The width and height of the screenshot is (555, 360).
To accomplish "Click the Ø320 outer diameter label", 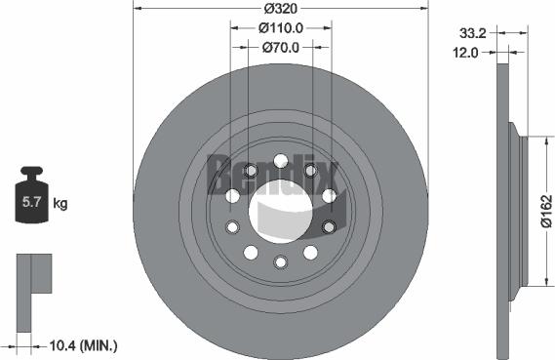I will [280, 8].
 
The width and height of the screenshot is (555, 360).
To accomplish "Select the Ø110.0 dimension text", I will [280, 27].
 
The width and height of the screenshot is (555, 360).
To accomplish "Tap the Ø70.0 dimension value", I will [280, 46].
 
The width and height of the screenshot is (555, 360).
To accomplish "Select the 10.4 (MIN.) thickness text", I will [83, 344].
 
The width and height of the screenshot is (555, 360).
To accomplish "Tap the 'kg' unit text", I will [59, 204].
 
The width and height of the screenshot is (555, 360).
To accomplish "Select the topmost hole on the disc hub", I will [281, 161].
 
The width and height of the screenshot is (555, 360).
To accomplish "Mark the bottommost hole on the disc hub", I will [281, 261].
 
